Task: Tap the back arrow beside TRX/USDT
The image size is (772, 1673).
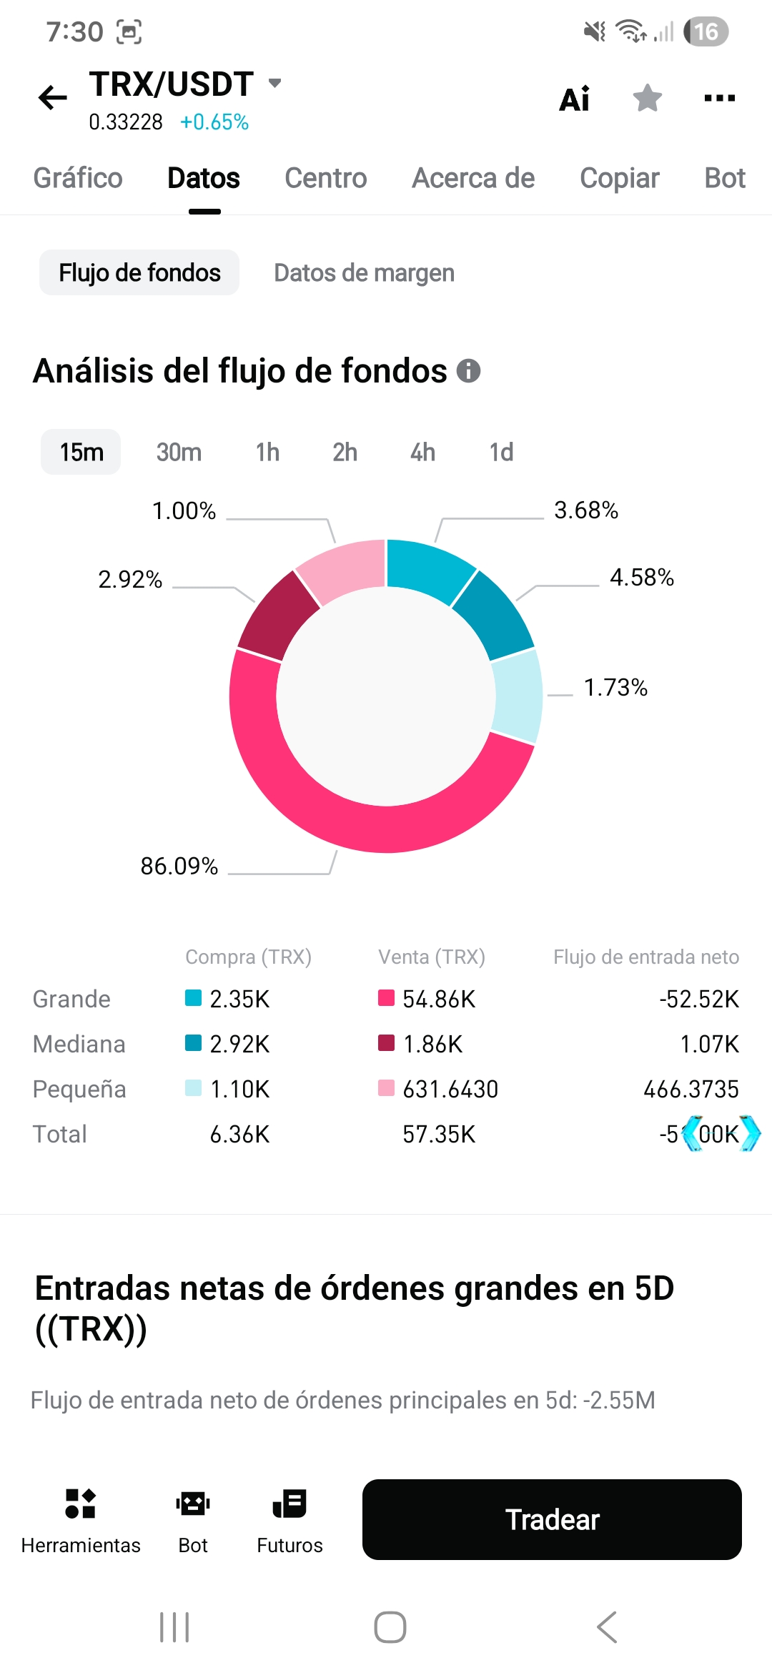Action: pyautogui.click(x=53, y=97)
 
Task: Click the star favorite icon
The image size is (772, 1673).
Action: pyautogui.click(x=648, y=98)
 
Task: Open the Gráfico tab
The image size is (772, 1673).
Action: pyautogui.click(x=78, y=178)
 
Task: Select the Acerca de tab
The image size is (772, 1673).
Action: pyautogui.click(x=473, y=178)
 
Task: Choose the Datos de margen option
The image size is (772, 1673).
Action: pyautogui.click(x=364, y=272)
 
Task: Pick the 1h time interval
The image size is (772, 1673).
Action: pyautogui.click(x=267, y=452)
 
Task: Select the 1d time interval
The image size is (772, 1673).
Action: pyautogui.click(x=501, y=452)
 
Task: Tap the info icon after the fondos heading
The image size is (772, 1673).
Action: pyautogui.click(x=468, y=370)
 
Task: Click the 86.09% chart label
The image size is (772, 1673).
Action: pyautogui.click(x=179, y=866)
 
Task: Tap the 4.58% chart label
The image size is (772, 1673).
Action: pyautogui.click(x=642, y=577)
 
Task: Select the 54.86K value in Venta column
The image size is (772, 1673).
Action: pyautogui.click(x=439, y=999)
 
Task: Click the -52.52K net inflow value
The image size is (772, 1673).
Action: pyautogui.click(x=699, y=999)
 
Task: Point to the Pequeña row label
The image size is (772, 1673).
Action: pyautogui.click(x=79, y=1089)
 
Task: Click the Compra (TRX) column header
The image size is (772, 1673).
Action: pyautogui.click(x=248, y=957)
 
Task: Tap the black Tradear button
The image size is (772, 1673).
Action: pyautogui.click(x=552, y=1519)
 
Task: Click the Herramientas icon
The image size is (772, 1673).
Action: pyautogui.click(x=80, y=1504)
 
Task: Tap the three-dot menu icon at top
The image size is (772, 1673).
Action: pyautogui.click(x=719, y=98)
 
